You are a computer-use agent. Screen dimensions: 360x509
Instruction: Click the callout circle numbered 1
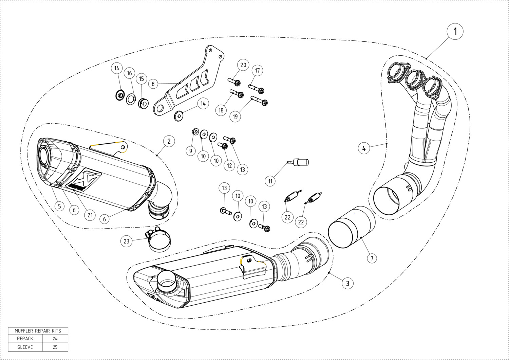455,32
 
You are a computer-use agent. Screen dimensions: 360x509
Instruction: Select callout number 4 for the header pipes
364,148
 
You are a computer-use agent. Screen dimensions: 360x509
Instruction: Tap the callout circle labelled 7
372,258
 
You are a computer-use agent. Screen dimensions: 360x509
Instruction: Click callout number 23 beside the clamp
127,241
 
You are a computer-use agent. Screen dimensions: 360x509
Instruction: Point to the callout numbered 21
90,215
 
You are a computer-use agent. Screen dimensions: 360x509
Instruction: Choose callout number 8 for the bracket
153,84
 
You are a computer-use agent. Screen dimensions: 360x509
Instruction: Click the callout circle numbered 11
270,181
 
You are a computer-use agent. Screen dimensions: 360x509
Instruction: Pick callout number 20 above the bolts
243,65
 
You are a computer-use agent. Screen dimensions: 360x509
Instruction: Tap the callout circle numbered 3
347,283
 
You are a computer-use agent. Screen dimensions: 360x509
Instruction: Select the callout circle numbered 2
169,141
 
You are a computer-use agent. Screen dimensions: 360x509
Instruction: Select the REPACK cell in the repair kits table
25,338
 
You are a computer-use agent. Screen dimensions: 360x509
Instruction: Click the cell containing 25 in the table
55,347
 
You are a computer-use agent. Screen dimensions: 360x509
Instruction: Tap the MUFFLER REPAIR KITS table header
38,330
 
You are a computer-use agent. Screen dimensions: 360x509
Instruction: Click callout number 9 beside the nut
191,151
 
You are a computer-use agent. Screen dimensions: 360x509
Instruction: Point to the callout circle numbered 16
129,73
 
